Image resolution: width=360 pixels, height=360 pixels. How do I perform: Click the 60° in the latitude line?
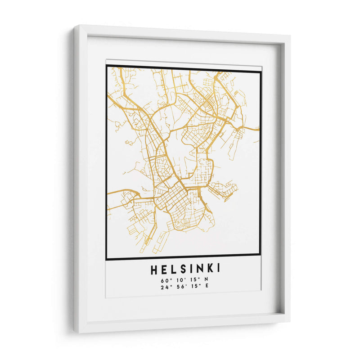[164, 280]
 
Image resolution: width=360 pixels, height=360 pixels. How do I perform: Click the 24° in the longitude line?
[164, 286]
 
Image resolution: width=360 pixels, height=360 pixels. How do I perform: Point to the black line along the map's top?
[183, 68]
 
